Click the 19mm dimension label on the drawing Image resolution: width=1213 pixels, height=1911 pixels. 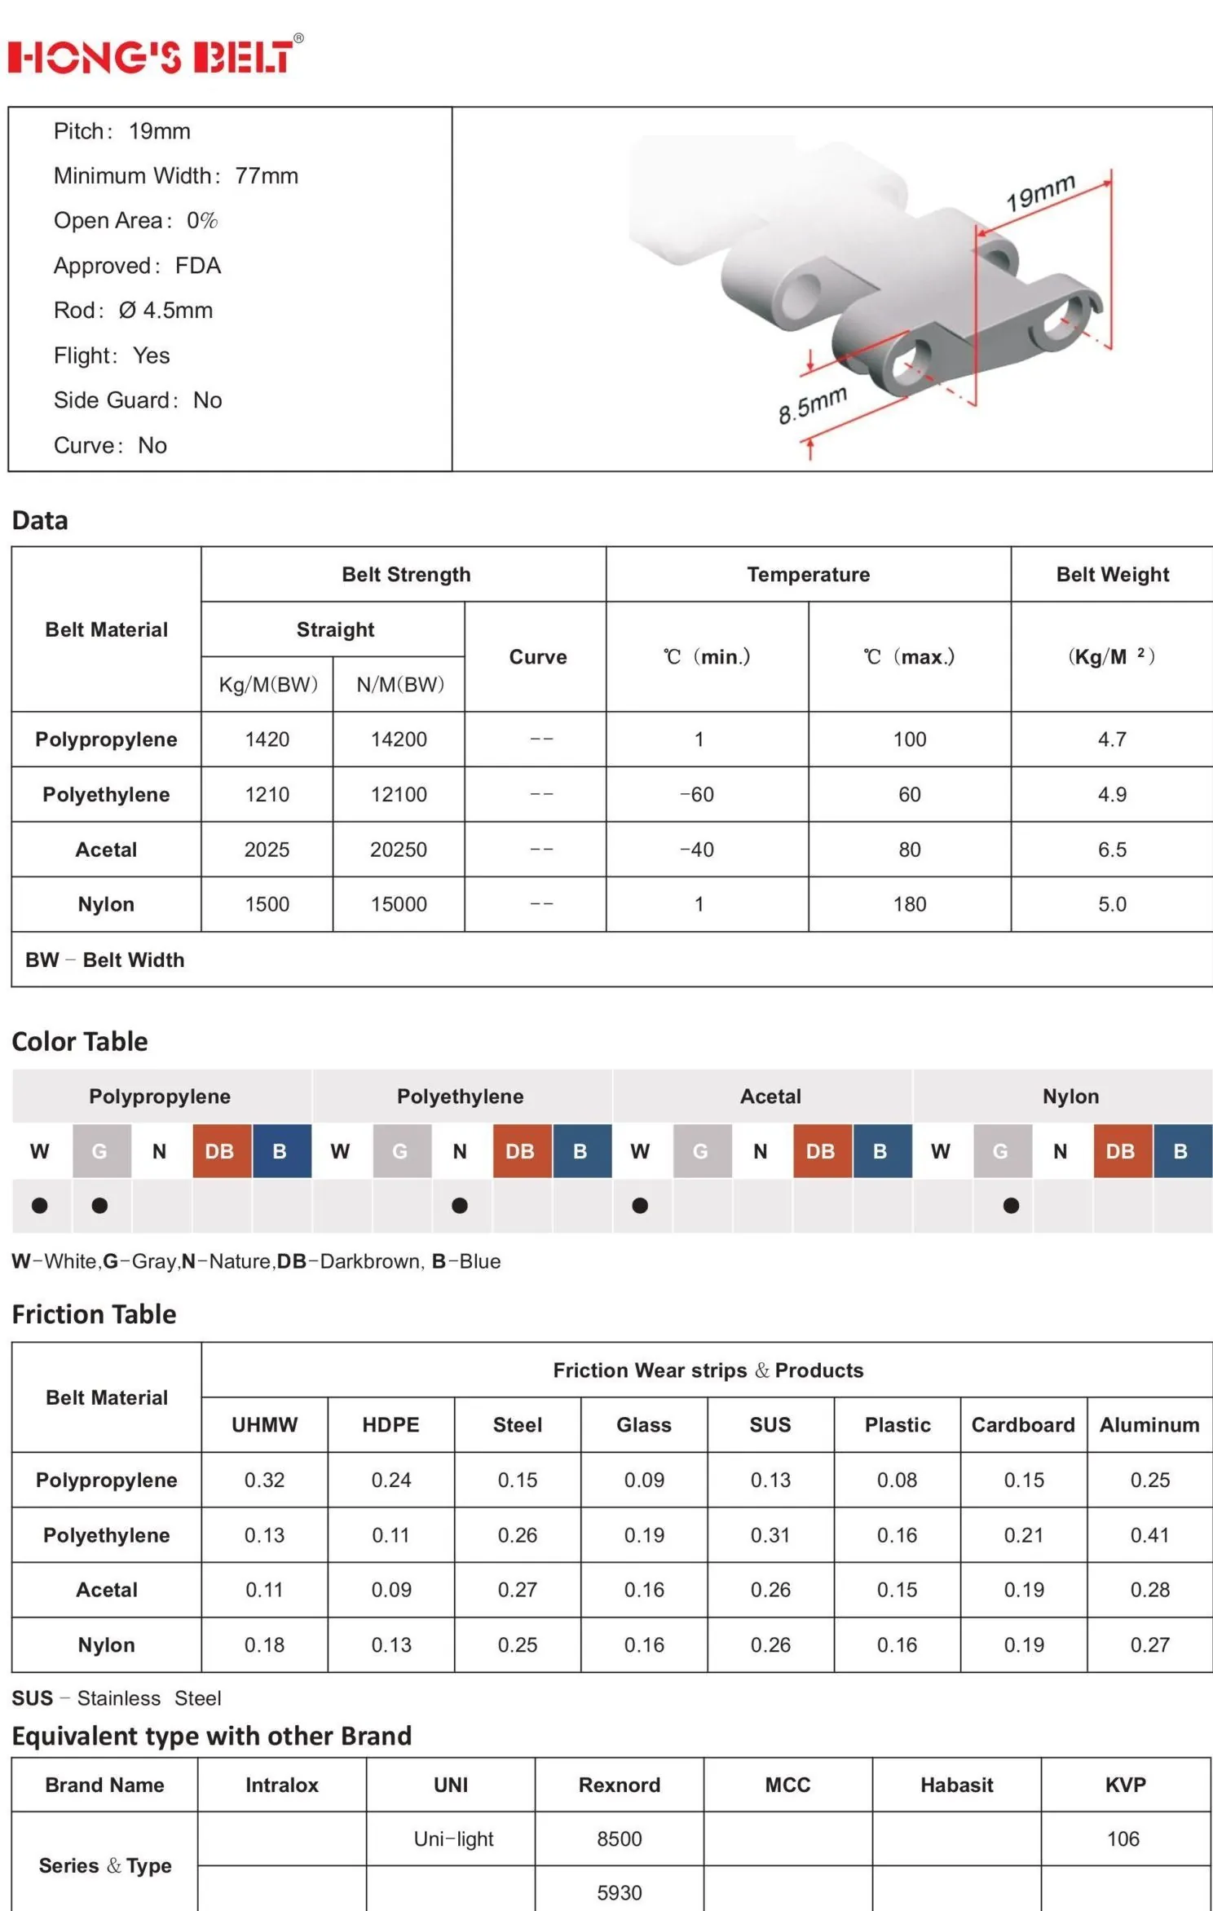coord(1040,192)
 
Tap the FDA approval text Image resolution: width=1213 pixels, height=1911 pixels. coord(198,266)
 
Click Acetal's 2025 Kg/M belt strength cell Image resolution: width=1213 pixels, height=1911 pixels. coord(267,850)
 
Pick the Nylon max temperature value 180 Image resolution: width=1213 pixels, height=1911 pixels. coord(910,904)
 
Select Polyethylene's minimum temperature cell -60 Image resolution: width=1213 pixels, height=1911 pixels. coord(697,794)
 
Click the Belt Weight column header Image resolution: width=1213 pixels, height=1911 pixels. coord(1113,575)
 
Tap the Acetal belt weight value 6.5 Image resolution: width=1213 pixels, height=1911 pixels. coord(1112,850)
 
